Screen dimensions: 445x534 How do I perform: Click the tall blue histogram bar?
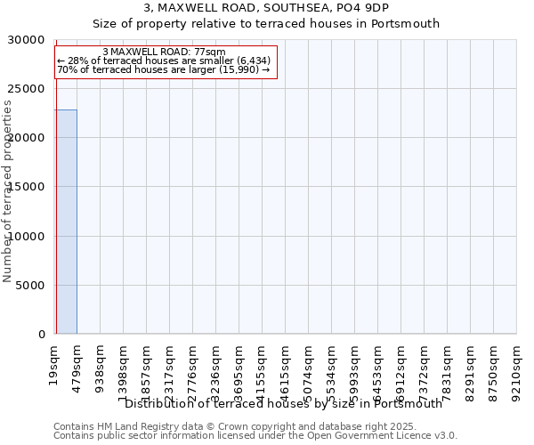click(x=66, y=222)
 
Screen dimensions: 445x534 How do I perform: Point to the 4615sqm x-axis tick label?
click(x=286, y=368)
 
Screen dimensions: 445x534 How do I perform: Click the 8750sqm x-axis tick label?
click(x=494, y=368)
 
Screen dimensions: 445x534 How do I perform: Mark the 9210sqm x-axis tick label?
click(x=517, y=368)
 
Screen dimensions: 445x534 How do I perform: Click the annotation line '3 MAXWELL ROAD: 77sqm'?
click(x=164, y=53)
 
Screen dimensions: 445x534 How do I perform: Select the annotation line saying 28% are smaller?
click(x=164, y=61)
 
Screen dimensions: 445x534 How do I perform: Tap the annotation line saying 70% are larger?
click(x=164, y=69)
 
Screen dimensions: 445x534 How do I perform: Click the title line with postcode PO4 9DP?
click(x=266, y=8)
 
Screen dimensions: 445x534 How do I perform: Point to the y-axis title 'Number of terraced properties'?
click(x=9, y=191)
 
